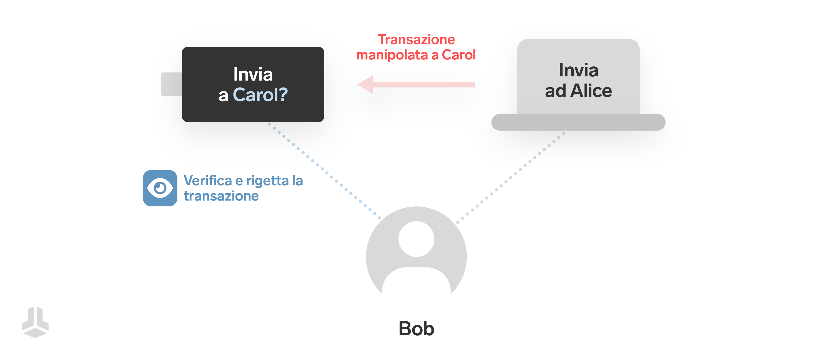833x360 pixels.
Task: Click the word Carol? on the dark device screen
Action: [x=260, y=95]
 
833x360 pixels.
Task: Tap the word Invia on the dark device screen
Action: [x=253, y=74]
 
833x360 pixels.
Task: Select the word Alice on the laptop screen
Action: [x=591, y=91]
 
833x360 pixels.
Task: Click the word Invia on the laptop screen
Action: [x=578, y=70]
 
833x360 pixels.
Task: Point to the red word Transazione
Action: [x=416, y=39]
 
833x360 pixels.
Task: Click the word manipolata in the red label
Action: [x=392, y=55]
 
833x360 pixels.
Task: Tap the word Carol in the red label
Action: [x=458, y=55]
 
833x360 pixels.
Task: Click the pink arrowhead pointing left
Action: [x=366, y=84]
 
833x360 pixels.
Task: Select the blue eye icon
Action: [x=160, y=188]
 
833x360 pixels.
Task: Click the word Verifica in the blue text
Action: [x=208, y=181]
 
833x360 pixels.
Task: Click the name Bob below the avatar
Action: [x=416, y=329]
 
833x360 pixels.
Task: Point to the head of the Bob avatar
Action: [x=416, y=239]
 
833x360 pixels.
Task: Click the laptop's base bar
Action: [x=578, y=122]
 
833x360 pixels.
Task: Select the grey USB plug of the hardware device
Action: [x=172, y=84]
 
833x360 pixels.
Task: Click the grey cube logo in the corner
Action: [x=35, y=322]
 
